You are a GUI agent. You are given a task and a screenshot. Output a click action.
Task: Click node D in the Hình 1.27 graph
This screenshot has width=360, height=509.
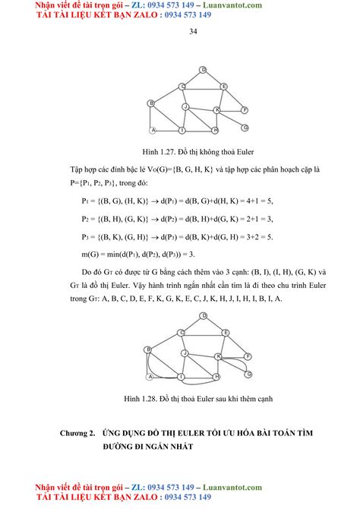click(x=203, y=70)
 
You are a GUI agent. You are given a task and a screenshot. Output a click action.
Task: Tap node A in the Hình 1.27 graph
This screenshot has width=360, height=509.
click(x=153, y=130)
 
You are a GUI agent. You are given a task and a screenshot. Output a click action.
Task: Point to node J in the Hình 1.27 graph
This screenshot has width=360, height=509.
click(x=185, y=107)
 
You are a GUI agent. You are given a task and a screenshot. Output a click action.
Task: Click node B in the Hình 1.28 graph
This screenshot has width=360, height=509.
click(x=150, y=350)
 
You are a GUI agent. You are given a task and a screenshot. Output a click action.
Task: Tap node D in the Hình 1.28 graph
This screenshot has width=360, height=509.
click(x=203, y=315)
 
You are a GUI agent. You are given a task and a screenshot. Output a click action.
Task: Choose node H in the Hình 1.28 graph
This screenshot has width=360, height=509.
click(x=216, y=376)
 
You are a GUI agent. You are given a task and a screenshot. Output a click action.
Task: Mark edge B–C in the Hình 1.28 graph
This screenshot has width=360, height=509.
click(x=166, y=341)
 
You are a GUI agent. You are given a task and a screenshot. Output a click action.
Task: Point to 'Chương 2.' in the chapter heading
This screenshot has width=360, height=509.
click(x=78, y=432)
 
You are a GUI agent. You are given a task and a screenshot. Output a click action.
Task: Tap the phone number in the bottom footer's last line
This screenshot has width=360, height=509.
click(x=181, y=496)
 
